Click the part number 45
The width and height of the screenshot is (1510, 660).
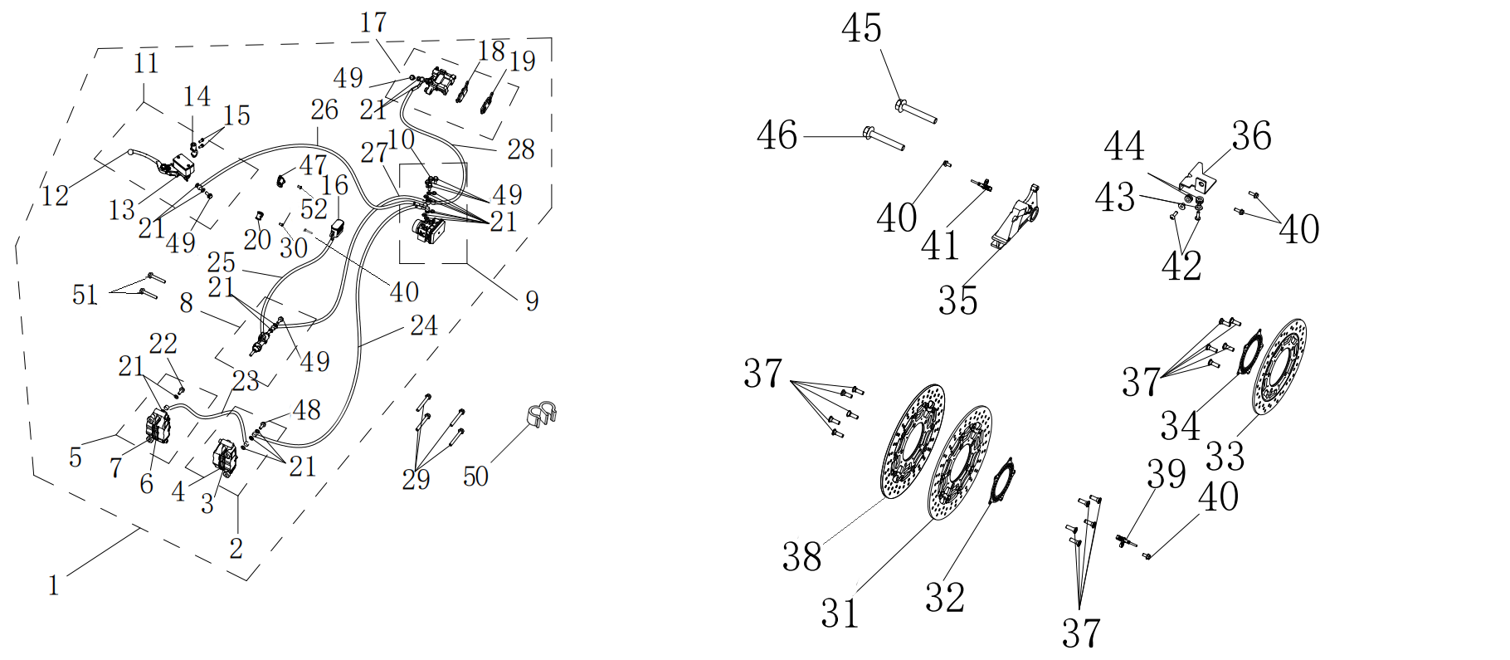click(861, 29)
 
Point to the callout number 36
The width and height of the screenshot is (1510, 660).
click(1251, 136)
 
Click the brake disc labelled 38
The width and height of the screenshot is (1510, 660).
click(911, 442)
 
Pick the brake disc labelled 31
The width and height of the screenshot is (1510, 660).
click(960, 463)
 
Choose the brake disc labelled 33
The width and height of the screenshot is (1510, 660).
click(1279, 368)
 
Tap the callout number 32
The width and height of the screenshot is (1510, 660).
click(945, 598)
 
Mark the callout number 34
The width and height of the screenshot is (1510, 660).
click(1180, 426)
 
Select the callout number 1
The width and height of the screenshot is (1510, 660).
click(54, 585)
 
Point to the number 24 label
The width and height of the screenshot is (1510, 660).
click(423, 325)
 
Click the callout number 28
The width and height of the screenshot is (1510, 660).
click(520, 149)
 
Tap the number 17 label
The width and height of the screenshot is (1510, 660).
click(373, 23)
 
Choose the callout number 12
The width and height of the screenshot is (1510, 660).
click(55, 196)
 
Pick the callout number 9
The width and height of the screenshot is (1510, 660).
click(532, 301)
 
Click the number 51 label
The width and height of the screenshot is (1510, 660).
click(85, 295)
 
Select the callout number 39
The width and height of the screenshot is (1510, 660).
click(1166, 474)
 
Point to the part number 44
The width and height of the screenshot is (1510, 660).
click(1124, 147)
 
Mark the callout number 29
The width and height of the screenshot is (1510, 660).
click(416, 479)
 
